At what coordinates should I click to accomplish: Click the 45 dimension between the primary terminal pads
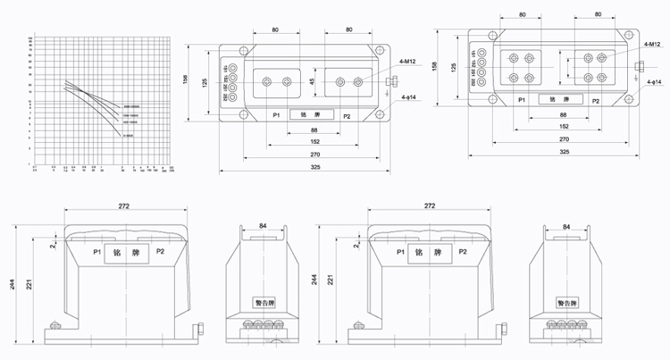[x=312, y=82]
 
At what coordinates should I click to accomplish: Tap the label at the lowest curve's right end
[x=129, y=136]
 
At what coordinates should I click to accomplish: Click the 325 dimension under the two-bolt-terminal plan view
[x=289, y=168]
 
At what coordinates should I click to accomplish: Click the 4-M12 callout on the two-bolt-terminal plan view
[x=406, y=63]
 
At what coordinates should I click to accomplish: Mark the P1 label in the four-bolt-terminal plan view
[x=522, y=101]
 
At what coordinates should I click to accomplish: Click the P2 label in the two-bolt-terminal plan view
[x=347, y=116]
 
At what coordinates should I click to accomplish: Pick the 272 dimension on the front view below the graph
[x=124, y=206]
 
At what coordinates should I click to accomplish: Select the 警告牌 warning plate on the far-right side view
[x=572, y=301]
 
